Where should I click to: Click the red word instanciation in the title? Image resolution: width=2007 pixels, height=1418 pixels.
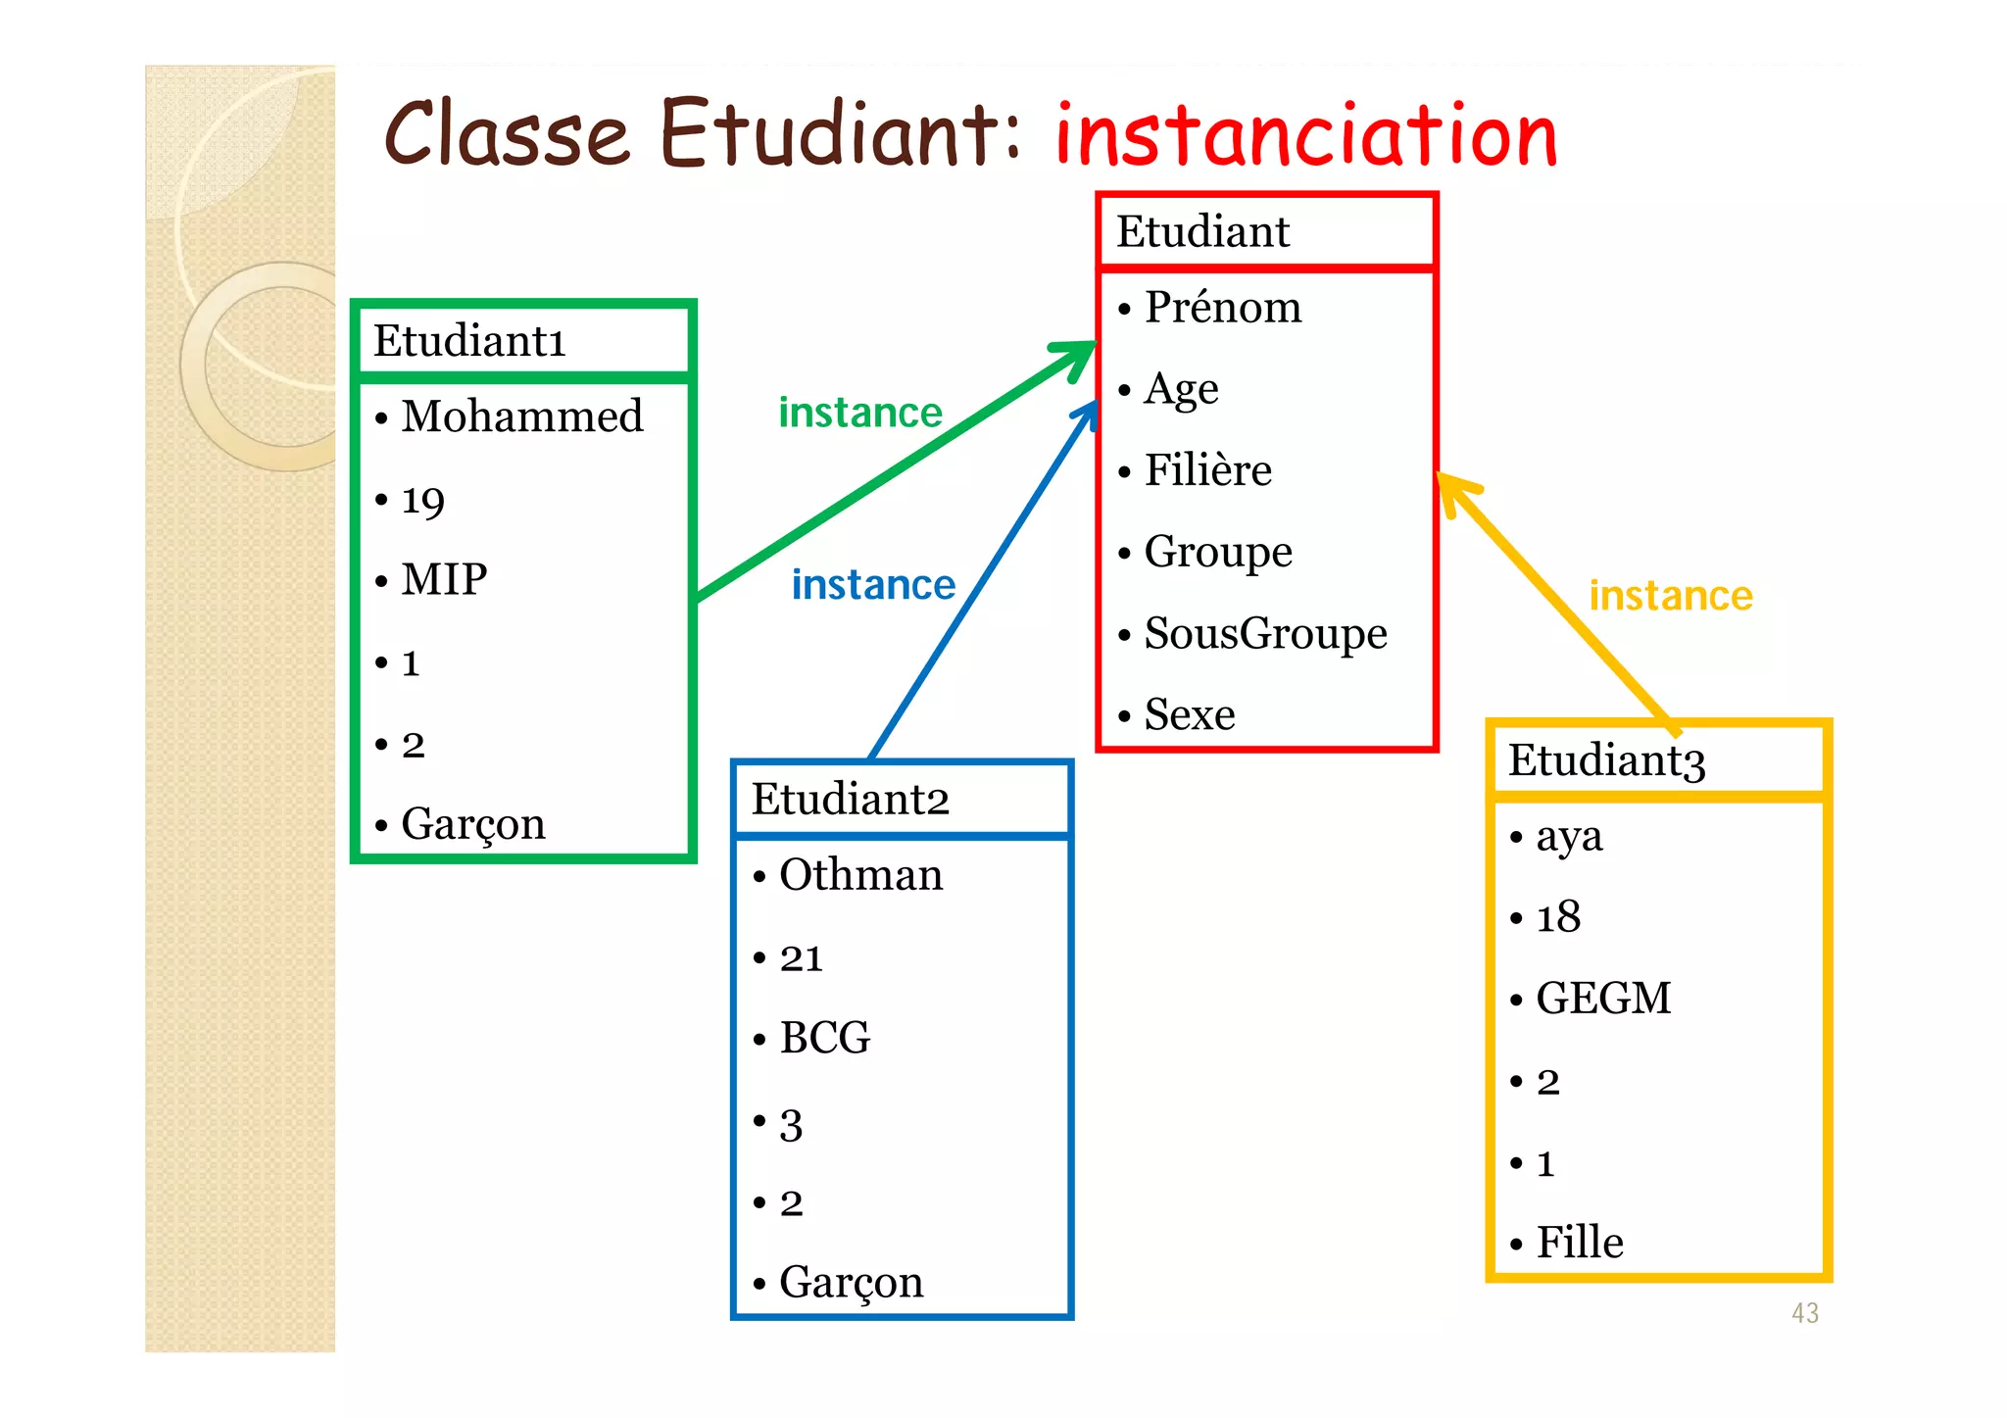(x=1305, y=137)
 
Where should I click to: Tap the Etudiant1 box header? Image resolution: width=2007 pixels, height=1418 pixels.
(x=469, y=342)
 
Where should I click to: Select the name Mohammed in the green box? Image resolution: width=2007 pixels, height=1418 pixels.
(x=521, y=416)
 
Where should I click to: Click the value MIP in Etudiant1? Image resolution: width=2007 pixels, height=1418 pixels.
(x=444, y=579)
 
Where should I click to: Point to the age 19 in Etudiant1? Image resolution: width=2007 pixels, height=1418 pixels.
(x=423, y=502)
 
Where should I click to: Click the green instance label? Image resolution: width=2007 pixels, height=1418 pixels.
(x=859, y=413)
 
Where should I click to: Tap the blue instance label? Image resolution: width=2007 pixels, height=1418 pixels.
(x=873, y=585)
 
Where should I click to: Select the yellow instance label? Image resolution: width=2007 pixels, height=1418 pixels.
(x=1670, y=596)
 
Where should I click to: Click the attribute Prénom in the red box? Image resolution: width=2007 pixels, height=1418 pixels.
(x=1222, y=308)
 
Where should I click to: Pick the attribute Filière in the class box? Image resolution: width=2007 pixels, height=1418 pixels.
(x=1207, y=470)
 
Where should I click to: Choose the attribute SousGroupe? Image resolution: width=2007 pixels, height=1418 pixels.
(x=1265, y=633)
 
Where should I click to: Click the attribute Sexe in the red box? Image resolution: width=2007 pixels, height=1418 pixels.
(x=1190, y=714)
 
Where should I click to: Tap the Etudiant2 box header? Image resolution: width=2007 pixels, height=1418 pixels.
(x=850, y=800)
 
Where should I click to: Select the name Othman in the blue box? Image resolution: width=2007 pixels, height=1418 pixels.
(x=860, y=875)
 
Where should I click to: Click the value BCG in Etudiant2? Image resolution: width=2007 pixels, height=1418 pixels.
(x=824, y=1038)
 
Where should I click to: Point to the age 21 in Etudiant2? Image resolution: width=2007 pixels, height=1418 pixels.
(x=801, y=958)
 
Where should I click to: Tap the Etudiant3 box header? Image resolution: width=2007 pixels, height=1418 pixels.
(x=1606, y=760)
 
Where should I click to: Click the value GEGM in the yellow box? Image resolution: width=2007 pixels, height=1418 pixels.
(x=1602, y=999)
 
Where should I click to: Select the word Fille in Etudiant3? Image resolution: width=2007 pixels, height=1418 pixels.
(x=1579, y=1243)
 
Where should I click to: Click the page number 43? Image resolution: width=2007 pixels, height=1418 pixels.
(x=1804, y=1313)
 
